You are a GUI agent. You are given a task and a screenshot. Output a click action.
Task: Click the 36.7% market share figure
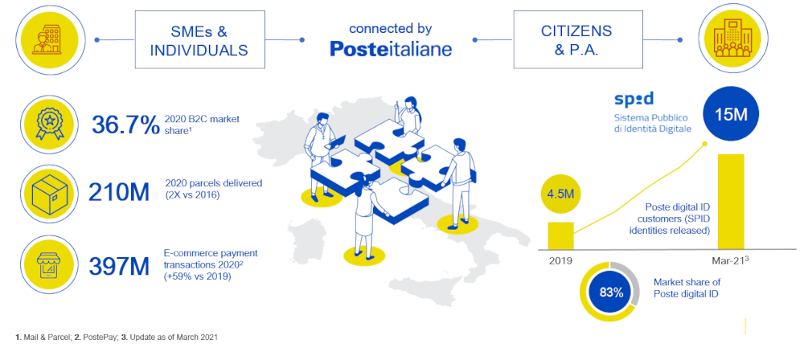[125, 125]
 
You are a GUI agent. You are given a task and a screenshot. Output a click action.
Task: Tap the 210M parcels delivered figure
[119, 192]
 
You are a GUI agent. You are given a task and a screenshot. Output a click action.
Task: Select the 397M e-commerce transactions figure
[119, 266]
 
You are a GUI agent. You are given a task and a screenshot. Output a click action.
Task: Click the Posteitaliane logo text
[391, 49]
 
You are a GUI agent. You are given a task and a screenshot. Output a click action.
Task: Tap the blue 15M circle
[731, 115]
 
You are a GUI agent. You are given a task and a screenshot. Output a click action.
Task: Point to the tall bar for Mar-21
[731, 202]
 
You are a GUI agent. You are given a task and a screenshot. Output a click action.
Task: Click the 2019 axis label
[560, 261]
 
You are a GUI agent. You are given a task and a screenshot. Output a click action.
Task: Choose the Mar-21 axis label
[731, 260]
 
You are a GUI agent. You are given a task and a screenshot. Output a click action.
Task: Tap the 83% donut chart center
[611, 292]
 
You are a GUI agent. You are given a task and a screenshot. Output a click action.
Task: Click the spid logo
[634, 99]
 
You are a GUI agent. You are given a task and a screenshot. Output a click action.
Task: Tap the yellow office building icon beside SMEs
[47, 39]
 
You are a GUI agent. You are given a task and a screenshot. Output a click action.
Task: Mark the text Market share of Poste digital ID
[686, 288]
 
